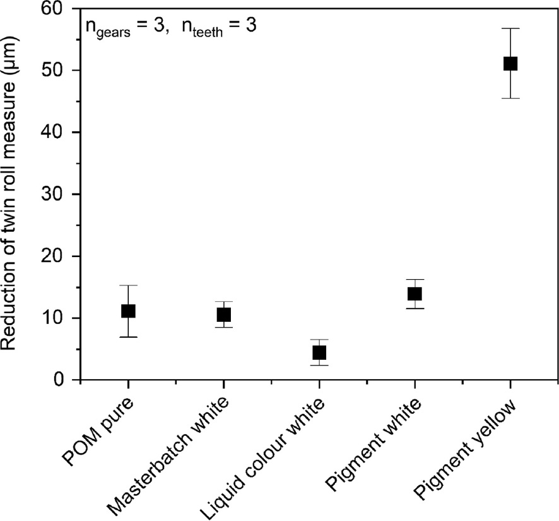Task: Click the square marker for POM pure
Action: (128, 311)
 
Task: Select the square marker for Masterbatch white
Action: (223, 314)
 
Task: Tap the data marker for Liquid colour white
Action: (319, 352)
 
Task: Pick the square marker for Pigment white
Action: (415, 294)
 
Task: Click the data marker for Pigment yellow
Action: (510, 64)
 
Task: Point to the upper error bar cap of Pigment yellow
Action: (510, 28)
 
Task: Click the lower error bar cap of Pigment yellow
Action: (510, 99)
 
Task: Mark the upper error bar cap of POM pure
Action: (128, 285)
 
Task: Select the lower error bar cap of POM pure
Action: (128, 337)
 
